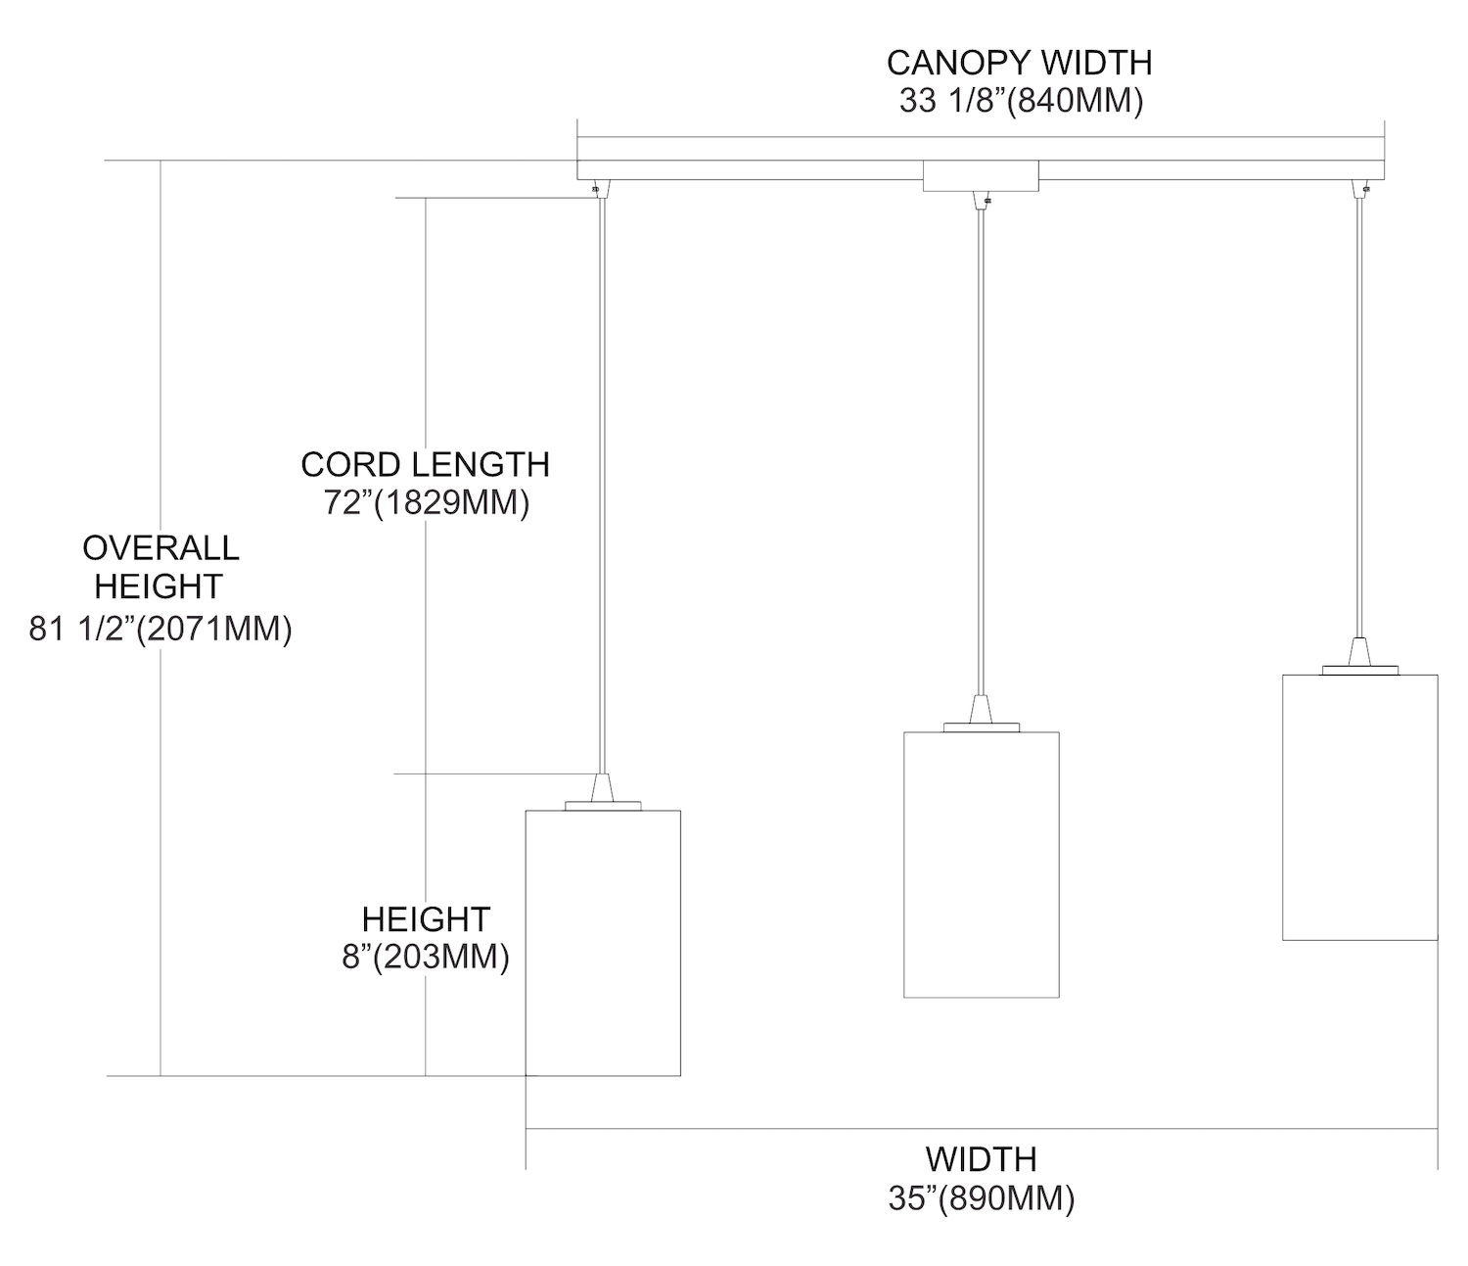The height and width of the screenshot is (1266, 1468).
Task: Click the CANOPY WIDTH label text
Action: click(x=1019, y=63)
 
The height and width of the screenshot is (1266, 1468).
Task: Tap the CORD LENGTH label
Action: click(x=425, y=464)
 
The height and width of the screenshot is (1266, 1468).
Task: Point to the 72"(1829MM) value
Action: click(x=426, y=503)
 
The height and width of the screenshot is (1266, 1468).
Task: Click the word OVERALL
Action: click(x=161, y=548)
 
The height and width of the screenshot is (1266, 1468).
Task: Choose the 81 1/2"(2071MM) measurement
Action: click(x=161, y=629)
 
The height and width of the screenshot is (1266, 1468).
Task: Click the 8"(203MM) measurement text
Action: click(x=426, y=957)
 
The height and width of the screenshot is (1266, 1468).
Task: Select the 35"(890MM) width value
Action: click(x=981, y=1199)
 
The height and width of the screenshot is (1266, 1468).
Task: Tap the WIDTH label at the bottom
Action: click(x=981, y=1159)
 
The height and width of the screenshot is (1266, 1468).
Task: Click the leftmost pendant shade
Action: click(x=603, y=942)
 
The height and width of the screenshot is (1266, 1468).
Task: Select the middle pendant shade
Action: click(x=981, y=864)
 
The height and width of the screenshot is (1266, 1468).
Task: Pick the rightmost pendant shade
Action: click(x=1359, y=807)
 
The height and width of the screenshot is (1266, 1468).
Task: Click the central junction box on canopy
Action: click(x=981, y=177)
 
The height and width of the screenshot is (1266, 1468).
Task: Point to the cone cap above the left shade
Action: click(x=603, y=788)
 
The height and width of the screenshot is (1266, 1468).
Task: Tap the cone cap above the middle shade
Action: click(x=981, y=710)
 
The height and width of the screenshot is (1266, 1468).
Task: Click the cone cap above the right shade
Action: click(x=1359, y=653)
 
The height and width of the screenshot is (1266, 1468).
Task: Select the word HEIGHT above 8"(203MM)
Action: click(x=426, y=919)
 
